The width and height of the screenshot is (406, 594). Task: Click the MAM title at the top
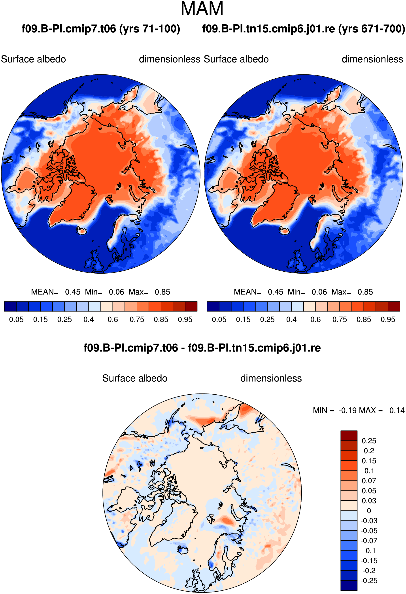[202, 9]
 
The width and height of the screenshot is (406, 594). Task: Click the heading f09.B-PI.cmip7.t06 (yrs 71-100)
[101, 29]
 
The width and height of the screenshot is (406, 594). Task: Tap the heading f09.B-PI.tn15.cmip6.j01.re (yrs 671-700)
[304, 29]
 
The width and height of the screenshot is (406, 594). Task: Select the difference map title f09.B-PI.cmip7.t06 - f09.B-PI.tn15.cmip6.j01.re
[202, 348]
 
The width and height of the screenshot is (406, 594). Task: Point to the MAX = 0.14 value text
[382, 411]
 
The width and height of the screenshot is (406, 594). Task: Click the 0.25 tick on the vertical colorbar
[369, 441]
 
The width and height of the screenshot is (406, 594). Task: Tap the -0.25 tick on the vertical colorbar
[369, 581]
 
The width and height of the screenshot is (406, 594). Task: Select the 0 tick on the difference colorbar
[369, 511]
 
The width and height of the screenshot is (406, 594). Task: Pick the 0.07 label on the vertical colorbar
[369, 480]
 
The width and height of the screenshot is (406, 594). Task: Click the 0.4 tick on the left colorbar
[89, 320]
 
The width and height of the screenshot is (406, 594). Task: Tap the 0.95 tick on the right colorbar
[388, 320]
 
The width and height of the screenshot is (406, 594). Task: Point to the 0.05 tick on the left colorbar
[16, 320]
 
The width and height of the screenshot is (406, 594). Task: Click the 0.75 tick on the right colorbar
[340, 320]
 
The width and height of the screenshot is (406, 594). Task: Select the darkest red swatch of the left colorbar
[191, 306]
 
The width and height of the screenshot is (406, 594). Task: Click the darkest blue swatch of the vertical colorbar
[349, 585]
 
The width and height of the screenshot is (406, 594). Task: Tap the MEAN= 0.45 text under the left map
[56, 292]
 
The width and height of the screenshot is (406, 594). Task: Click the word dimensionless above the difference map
[271, 378]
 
